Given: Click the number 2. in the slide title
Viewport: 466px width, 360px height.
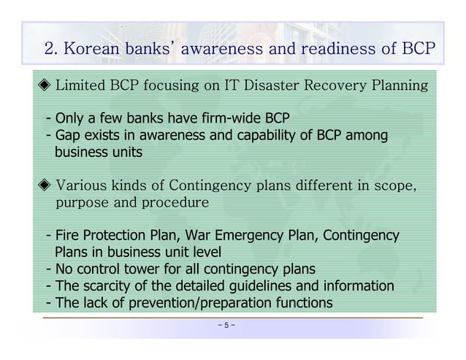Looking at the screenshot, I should (52, 49).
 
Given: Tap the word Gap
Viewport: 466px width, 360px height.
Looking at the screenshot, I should (65, 136).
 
